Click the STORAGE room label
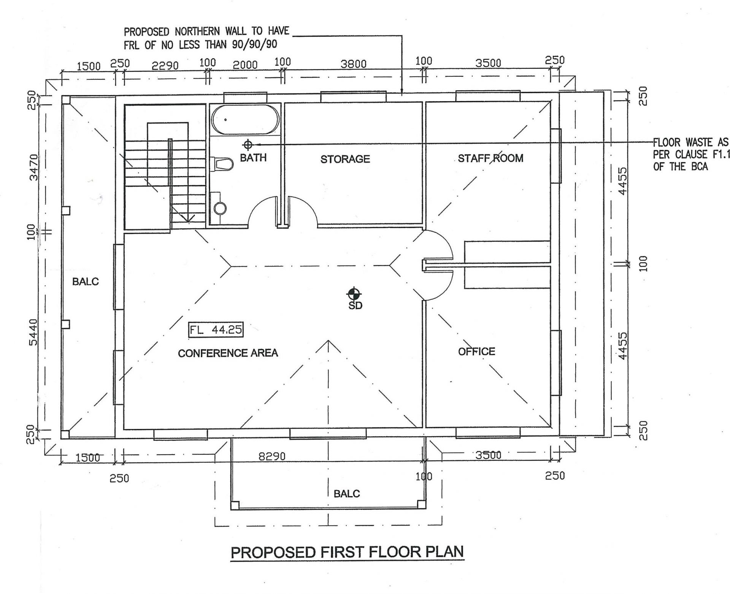coord(345,159)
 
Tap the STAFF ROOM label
coord(490,158)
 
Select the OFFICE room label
coord(476,351)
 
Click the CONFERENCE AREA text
coord(228,353)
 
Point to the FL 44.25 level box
coord(216,330)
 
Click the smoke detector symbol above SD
coord(354,294)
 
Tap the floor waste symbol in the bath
coord(248,145)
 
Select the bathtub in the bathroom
coord(245,119)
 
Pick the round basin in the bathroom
coord(220,208)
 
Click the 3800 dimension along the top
coord(353,64)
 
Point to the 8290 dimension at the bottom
coord(271,456)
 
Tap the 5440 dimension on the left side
coord(33,332)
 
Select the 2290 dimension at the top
coord(165,66)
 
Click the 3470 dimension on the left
coord(33,167)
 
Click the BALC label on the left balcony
coord(85,282)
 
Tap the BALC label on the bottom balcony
coord(346,494)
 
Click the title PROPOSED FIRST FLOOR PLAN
coord(347,552)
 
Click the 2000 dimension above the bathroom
coord(245,65)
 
